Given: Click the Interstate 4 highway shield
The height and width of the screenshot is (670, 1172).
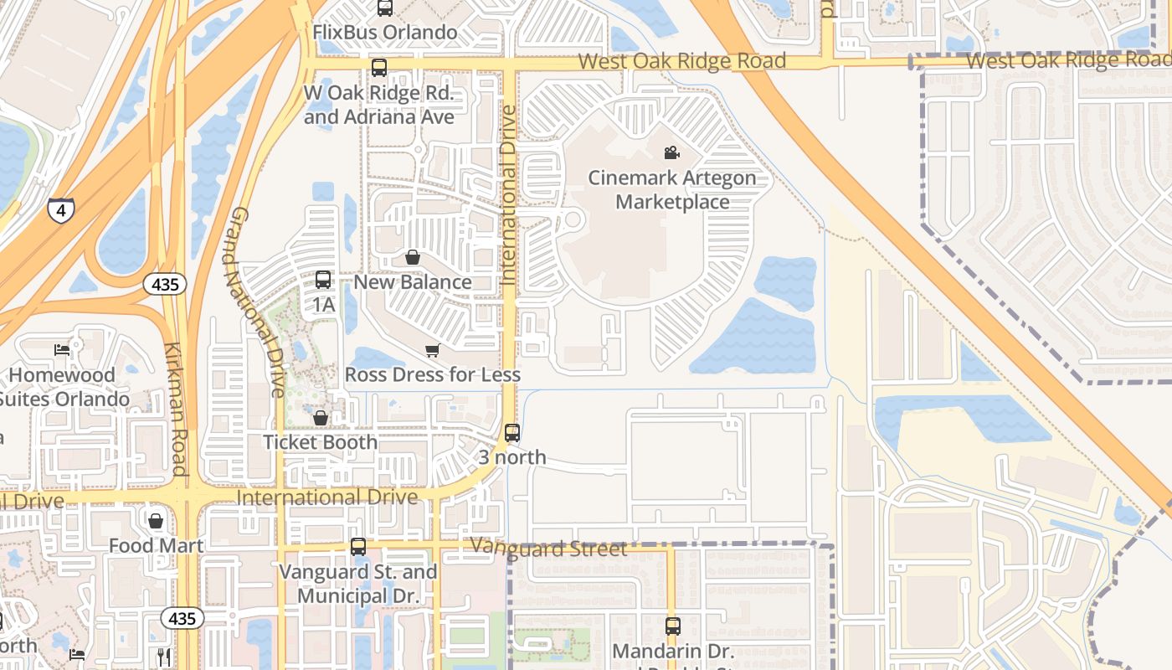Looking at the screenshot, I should coord(60,209).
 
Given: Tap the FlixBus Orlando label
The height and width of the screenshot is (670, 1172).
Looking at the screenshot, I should coord(384,33).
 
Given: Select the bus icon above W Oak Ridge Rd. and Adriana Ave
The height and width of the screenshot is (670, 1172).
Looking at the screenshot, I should coord(379,68).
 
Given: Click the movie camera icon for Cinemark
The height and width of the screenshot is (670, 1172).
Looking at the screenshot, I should coord(671,152).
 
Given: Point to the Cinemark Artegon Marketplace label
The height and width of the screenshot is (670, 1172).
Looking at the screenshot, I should coord(672,190).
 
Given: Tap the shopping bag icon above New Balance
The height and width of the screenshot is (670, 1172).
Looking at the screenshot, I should coord(413,257).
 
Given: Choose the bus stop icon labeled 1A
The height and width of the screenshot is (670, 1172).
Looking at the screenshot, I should coord(323,280).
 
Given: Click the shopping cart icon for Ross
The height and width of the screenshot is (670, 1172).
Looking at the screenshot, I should coord(432,350).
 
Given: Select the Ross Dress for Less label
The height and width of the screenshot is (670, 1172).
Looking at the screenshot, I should coord(433,374).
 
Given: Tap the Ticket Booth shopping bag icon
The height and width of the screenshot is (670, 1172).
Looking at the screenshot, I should coord(320,417).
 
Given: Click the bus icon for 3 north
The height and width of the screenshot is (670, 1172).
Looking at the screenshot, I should coord(512,433).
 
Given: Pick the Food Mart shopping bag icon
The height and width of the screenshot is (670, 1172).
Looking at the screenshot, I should coord(156,521).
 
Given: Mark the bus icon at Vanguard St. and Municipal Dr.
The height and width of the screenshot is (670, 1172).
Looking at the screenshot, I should coord(358,547).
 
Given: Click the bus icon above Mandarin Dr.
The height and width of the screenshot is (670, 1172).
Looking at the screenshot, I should coord(673,626).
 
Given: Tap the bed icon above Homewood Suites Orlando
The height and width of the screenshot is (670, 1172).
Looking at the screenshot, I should coord(62,349).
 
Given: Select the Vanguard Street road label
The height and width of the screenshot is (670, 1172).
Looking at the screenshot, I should coord(548,549).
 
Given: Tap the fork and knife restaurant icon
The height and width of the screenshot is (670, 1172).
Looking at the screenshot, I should coord(164,657).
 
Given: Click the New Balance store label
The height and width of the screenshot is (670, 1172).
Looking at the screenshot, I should coord(413,282).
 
